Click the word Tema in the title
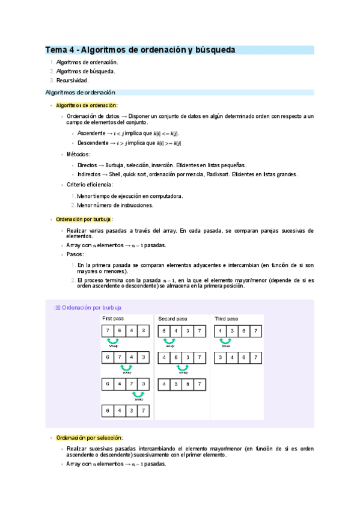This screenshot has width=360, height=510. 57,50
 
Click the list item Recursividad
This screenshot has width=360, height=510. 72,80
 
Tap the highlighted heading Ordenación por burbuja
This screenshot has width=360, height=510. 84,220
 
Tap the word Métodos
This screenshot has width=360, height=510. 79,155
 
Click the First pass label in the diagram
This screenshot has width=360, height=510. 114,318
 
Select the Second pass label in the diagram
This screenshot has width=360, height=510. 172,318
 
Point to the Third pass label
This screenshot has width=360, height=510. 226,318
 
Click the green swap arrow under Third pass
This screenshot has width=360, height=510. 225,341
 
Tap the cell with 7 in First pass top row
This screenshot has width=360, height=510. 108,331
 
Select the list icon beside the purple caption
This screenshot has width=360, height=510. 58,307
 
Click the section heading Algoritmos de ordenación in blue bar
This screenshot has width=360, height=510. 81,93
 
